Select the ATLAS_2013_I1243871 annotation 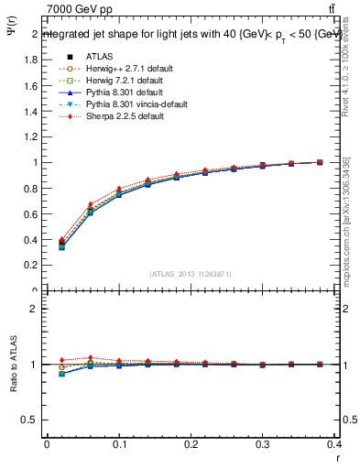click(191, 274)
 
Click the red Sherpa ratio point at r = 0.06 click(90, 358)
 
